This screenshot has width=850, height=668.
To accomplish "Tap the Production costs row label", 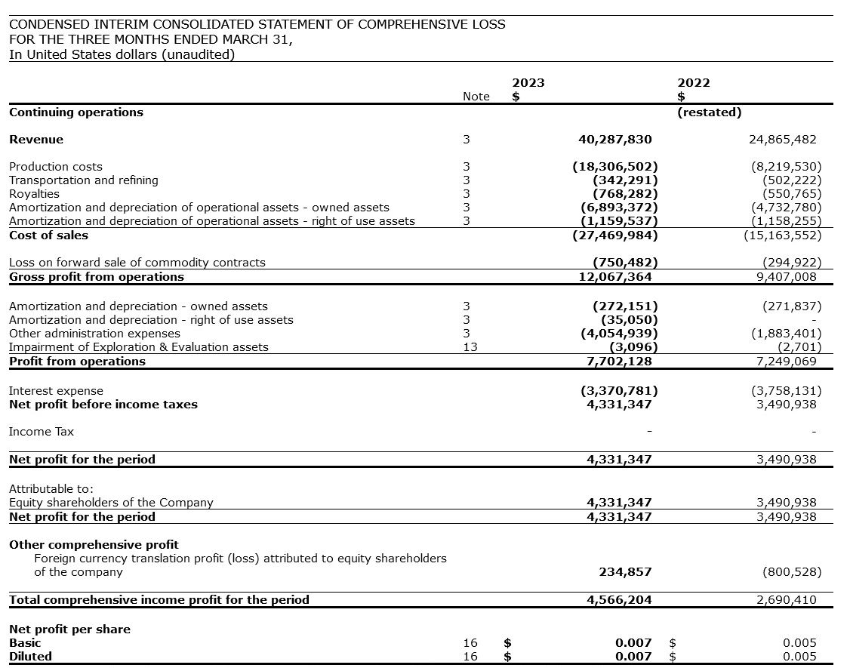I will coord(56,167).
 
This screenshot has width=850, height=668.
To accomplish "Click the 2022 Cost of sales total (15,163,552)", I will coord(783,235).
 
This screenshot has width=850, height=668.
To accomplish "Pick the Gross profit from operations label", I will coord(97,277).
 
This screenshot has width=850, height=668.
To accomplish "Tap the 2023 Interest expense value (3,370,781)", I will coord(618,391).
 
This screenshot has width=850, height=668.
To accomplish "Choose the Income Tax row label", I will coord(42,432).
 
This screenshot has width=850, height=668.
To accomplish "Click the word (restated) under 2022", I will coord(709,112).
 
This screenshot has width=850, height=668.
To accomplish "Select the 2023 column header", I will coord(528,83).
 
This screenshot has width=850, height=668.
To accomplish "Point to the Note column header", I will coord(476,97).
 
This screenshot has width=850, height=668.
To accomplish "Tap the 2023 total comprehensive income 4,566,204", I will coord(619,600).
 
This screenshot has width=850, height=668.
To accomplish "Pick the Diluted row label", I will coord(31,657).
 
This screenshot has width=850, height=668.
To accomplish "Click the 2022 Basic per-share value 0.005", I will coord(799,643).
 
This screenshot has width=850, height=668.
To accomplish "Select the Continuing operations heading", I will coord(76,112).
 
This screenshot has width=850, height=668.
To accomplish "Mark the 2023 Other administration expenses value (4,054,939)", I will coord(618,334).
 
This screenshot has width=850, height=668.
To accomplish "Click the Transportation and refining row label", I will coord(84,180).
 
